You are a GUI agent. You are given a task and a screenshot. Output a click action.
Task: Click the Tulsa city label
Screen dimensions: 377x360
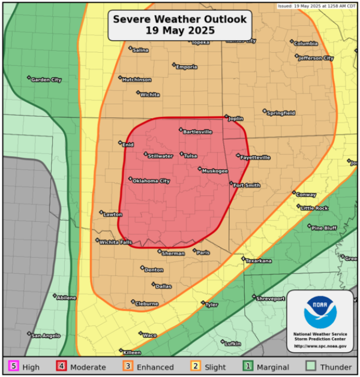point(190,156)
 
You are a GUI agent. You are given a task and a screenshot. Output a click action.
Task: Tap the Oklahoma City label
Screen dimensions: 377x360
point(151,181)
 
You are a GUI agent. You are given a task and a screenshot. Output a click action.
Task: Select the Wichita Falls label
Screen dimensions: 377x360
point(115,242)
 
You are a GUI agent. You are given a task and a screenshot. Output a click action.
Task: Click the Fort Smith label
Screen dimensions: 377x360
point(247,185)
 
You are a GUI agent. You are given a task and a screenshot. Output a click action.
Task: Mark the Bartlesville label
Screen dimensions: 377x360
point(197,131)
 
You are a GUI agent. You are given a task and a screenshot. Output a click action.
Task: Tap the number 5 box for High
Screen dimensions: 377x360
point(13,366)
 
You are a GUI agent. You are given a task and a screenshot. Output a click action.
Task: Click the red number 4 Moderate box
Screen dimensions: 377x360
point(61,366)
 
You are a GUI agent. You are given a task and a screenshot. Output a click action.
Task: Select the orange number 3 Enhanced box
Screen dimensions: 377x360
point(127,366)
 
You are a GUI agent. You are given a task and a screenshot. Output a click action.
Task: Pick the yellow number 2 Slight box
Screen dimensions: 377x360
point(195,366)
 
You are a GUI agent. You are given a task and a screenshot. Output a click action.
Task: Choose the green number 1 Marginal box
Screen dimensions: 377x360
point(246,366)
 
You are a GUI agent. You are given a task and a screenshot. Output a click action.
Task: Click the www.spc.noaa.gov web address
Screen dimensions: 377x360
point(320,346)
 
